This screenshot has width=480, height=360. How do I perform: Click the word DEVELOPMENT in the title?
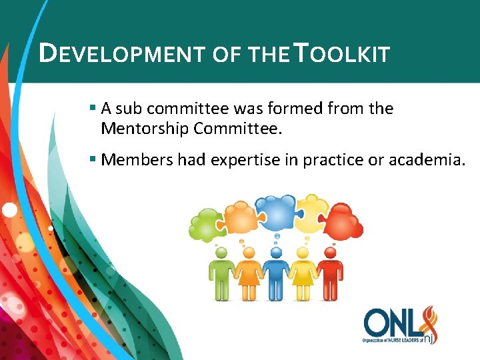(x=123, y=53)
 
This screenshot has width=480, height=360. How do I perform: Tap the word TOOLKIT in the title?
(x=341, y=53)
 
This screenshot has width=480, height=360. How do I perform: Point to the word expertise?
(x=245, y=160)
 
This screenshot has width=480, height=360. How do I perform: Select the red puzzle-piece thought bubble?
(x=343, y=220)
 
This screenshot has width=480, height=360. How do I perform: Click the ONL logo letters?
(x=393, y=323)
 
